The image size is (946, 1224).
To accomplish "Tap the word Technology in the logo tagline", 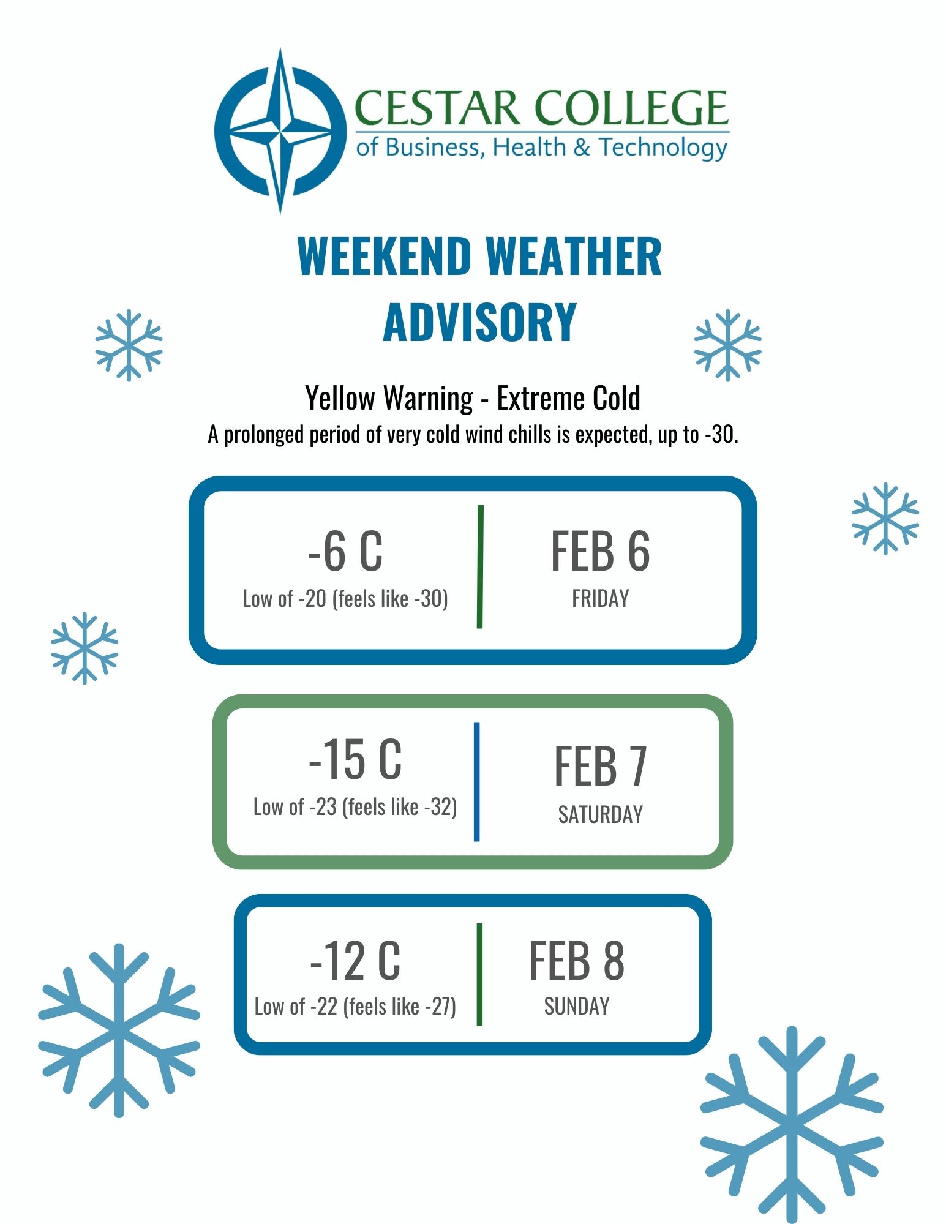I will pos(663,148).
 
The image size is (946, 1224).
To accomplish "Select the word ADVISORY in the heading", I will pos(479,323).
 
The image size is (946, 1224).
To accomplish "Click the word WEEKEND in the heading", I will pos(384,257).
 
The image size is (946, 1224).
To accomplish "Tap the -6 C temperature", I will pos(345,551).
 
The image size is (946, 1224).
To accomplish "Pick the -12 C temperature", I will pos(355,960).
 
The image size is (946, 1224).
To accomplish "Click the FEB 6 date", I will pos(600,551).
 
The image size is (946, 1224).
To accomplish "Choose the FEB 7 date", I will pos(600,765).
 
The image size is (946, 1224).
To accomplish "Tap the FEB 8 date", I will pos(576,961).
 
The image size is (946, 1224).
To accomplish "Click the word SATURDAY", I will pos(600,814).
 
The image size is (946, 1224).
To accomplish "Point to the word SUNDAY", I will pos(576,1006).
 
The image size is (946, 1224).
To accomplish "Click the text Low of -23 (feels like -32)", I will pos(355,807).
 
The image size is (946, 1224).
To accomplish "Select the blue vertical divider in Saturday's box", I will pos(476,781).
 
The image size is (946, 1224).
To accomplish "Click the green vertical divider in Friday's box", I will pos(480,566).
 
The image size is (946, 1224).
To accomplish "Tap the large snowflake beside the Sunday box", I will pos(119,1031).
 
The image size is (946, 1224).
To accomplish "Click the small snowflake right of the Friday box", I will pos(885,519).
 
